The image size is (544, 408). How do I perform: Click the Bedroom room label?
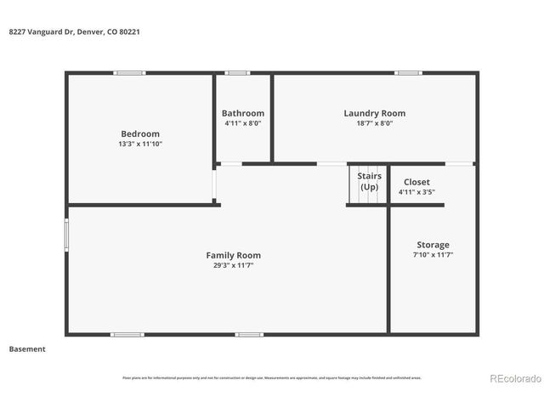[140, 133]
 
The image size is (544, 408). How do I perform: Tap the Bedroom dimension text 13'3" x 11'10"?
[140, 144]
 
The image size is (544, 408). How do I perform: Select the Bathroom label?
[243, 113]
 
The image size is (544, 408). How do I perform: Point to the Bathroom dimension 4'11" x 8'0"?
[243, 123]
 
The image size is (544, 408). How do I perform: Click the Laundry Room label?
[374, 113]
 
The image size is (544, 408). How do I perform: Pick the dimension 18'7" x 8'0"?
[374, 123]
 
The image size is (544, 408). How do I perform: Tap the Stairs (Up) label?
[369, 181]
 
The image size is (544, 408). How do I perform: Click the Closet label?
[416, 182]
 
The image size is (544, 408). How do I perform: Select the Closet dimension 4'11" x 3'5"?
[416, 192]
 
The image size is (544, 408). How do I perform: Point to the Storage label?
[433, 245]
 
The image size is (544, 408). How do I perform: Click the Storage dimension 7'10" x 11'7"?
[433, 255]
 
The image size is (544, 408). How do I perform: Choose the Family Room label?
[234, 255]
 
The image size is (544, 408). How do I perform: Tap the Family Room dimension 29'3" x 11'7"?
[234, 265]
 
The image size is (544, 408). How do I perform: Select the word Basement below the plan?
[27, 348]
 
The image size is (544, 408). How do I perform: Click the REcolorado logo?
[513, 378]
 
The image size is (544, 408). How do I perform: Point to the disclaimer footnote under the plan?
[272, 378]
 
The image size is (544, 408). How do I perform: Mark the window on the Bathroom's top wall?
[237, 73]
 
